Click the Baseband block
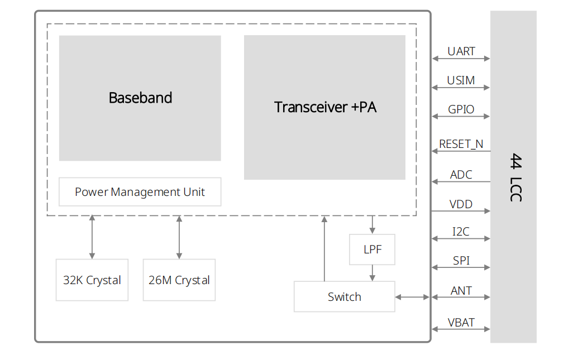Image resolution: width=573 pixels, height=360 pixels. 140,98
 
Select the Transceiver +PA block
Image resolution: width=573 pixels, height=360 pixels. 324,107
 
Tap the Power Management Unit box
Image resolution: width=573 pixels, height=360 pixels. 140,192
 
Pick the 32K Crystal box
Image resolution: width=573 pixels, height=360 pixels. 92,280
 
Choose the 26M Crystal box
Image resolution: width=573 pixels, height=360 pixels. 179,280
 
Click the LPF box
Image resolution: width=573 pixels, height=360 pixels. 373,249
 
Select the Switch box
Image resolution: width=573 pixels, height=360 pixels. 344,297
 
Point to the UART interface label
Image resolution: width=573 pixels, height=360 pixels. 461,51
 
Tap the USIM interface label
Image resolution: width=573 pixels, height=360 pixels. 461,80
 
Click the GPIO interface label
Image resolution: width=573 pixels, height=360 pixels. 461,109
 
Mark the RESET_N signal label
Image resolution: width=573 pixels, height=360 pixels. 461,144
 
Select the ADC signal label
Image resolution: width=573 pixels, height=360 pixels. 461,175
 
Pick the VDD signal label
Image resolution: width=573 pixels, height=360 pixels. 461,204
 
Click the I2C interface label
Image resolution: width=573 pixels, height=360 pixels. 461,232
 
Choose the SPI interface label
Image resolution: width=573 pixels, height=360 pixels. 461,261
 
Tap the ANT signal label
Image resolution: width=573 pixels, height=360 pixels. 461,291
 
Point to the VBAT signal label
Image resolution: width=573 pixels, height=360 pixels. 461,323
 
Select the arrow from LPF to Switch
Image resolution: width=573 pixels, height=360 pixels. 373,273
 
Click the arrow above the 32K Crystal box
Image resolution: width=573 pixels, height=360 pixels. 92,237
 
